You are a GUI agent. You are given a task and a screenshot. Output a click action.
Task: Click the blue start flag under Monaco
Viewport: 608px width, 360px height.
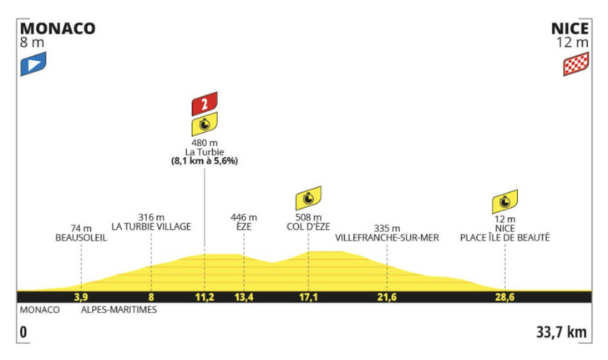point(33,63)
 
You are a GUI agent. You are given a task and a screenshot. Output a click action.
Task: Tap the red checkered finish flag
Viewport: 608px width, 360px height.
point(575,64)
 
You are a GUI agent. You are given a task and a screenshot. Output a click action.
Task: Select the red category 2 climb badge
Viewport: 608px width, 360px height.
point(205,104)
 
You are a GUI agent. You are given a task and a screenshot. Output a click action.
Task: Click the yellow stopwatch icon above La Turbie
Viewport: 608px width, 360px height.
point(205,124)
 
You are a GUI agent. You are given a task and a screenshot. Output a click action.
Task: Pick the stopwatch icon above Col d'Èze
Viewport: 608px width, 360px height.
point(308,198)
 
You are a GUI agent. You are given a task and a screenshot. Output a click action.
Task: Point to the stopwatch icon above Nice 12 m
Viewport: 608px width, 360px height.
point(504,202)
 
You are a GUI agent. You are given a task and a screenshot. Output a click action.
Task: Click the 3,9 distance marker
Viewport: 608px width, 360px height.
point(81,297)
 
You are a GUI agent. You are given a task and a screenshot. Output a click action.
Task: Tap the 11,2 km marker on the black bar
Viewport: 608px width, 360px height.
point(205,297)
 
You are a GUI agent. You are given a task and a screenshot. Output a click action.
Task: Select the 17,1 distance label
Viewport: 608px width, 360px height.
point(308,297)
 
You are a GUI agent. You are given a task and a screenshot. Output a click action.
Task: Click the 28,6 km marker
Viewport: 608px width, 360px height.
point(504,297)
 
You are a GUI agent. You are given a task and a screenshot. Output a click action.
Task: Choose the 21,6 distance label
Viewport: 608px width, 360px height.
point(387,297)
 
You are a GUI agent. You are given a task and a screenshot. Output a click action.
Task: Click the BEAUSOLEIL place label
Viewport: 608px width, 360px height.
point(81,238)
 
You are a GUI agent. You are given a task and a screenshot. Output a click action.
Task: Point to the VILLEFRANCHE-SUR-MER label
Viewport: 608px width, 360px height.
point(387,238)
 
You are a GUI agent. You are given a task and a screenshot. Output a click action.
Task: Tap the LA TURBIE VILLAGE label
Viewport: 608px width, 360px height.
point(151,226)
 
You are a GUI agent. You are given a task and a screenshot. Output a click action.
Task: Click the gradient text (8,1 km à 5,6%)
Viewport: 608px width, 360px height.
point(205,161)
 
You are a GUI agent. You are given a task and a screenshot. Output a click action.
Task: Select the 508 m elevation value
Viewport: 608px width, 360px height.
point(308,217)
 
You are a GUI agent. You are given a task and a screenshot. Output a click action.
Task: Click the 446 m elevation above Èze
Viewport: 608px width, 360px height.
point(244,217)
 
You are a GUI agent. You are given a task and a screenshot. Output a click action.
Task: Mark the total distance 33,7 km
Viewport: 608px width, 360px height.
point(561,332)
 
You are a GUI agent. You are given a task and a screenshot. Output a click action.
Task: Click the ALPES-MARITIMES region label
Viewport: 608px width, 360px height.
point(119,310)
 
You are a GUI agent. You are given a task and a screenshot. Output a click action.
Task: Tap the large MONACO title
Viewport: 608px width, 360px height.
point(58,28)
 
